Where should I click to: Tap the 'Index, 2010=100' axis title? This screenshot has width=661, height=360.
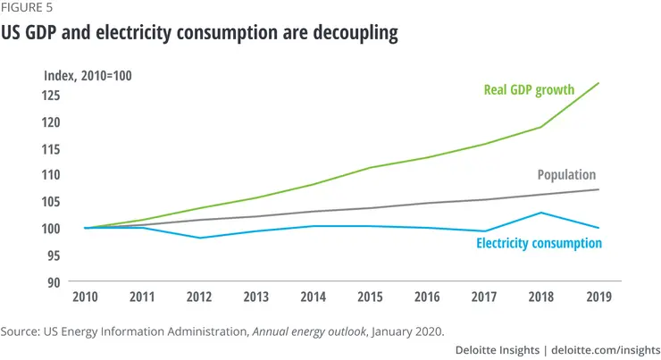click(88, 76)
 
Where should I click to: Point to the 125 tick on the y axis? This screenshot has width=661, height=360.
click(52, 95)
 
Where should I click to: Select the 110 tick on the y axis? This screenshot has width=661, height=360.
click(52, 175)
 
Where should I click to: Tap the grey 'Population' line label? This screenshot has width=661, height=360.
click(566, 175)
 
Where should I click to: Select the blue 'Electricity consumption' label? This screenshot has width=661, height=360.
click(539, 243)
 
